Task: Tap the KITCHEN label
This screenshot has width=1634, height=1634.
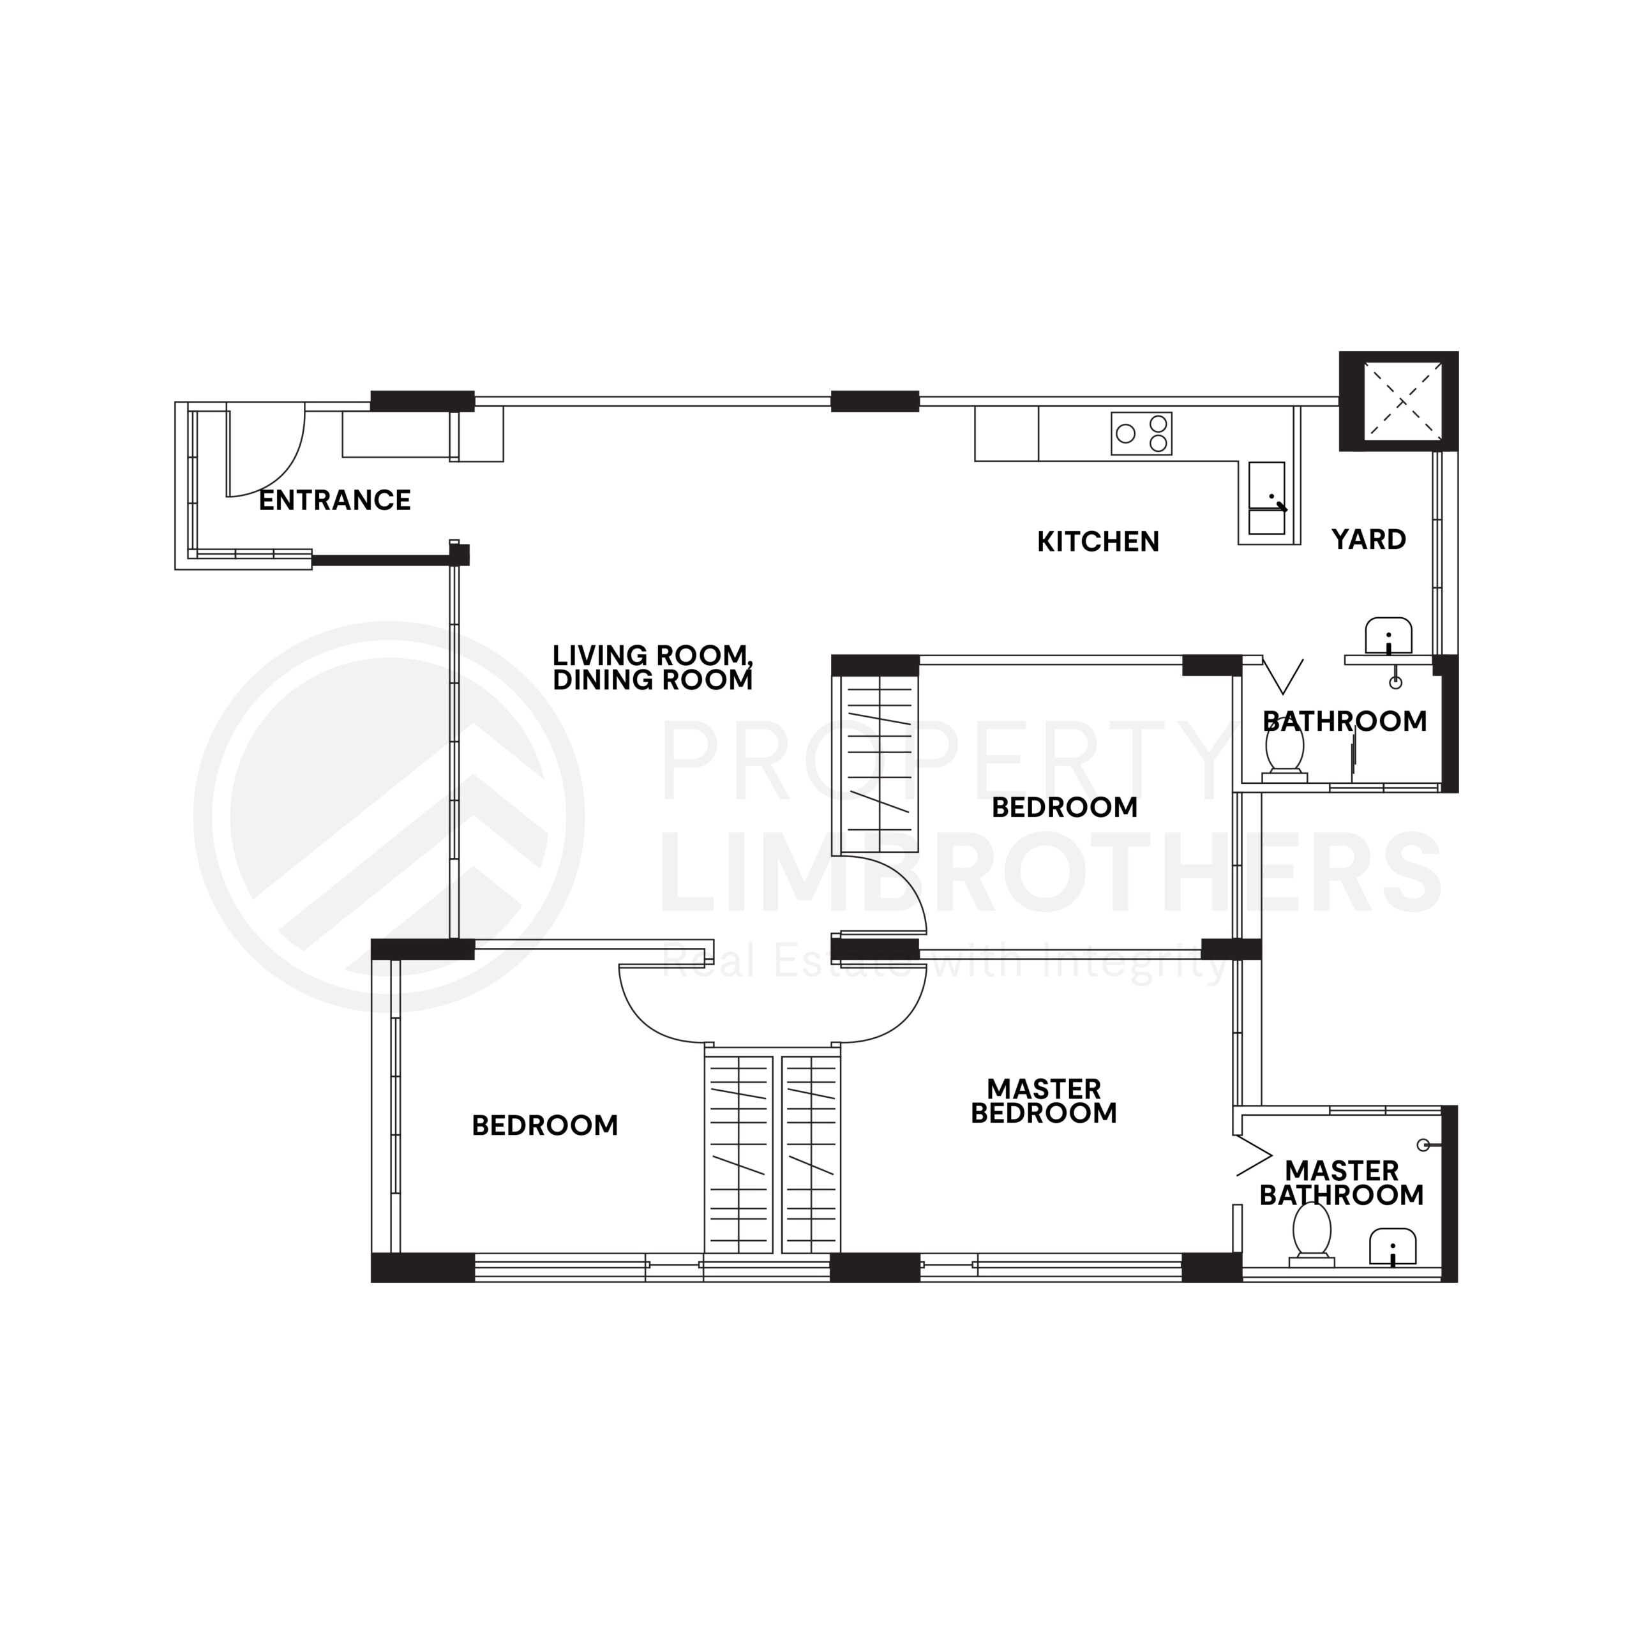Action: point(1098,541)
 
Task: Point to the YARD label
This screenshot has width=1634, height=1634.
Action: point(1368,539)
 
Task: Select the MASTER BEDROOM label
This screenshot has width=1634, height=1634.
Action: point(1044,1100)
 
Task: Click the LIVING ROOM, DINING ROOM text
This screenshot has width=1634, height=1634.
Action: point(652,667)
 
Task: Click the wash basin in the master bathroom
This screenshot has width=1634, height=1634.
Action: point(1392,1247)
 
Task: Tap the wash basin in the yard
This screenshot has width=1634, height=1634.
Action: point(1389,636)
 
